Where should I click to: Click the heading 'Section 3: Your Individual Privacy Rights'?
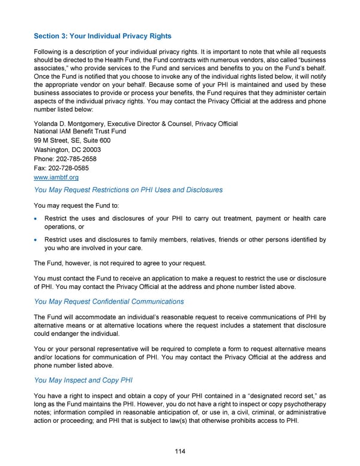click(103, 37)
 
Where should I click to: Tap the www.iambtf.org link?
click(56, 178)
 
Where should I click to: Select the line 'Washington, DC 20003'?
click(67, 150)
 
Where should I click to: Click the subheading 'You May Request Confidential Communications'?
click(109, 301)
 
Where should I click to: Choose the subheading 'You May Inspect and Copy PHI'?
click(83, 380)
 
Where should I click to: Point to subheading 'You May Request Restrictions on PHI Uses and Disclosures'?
click(128, 190)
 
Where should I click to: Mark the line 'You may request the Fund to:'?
click(76, 205)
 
